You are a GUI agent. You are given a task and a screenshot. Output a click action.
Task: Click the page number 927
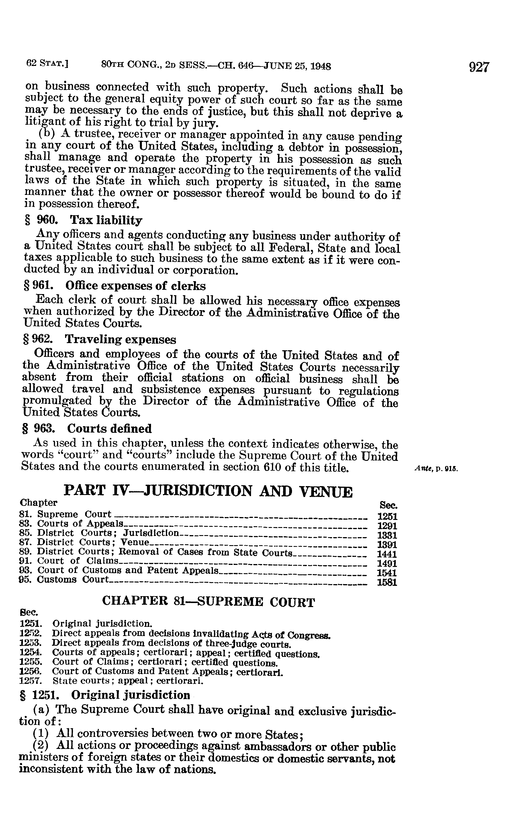479,67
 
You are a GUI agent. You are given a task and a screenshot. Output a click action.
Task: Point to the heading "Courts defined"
109,428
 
